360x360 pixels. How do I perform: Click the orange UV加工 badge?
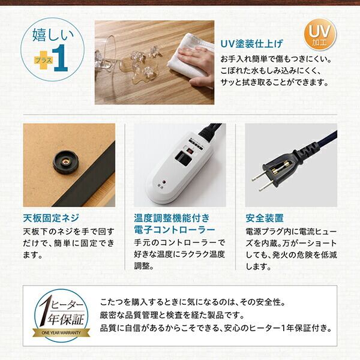(x=320, y=35)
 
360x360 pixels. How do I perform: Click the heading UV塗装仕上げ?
(x=252, y=44)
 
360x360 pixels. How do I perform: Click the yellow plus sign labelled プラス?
(x=44, y=60)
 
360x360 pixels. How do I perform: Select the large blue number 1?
(x=61, y=58)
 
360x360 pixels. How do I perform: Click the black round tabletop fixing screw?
(x=65, y=162)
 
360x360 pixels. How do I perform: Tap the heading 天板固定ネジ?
(x=51, y=218)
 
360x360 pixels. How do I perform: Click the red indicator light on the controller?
(x=164, y=182)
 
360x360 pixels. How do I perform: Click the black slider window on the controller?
(x=183, y=158)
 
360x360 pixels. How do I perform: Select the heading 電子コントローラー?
(x=175, y=230)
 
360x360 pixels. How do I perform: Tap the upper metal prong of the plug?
(x=260, y=175)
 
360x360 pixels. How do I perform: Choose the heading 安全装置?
(x=265, y=218)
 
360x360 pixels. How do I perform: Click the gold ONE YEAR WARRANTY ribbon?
(x=61, y=332)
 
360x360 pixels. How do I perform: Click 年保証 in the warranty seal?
(x=65, y=319)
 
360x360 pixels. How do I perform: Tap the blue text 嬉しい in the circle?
(x=53, y=35)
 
